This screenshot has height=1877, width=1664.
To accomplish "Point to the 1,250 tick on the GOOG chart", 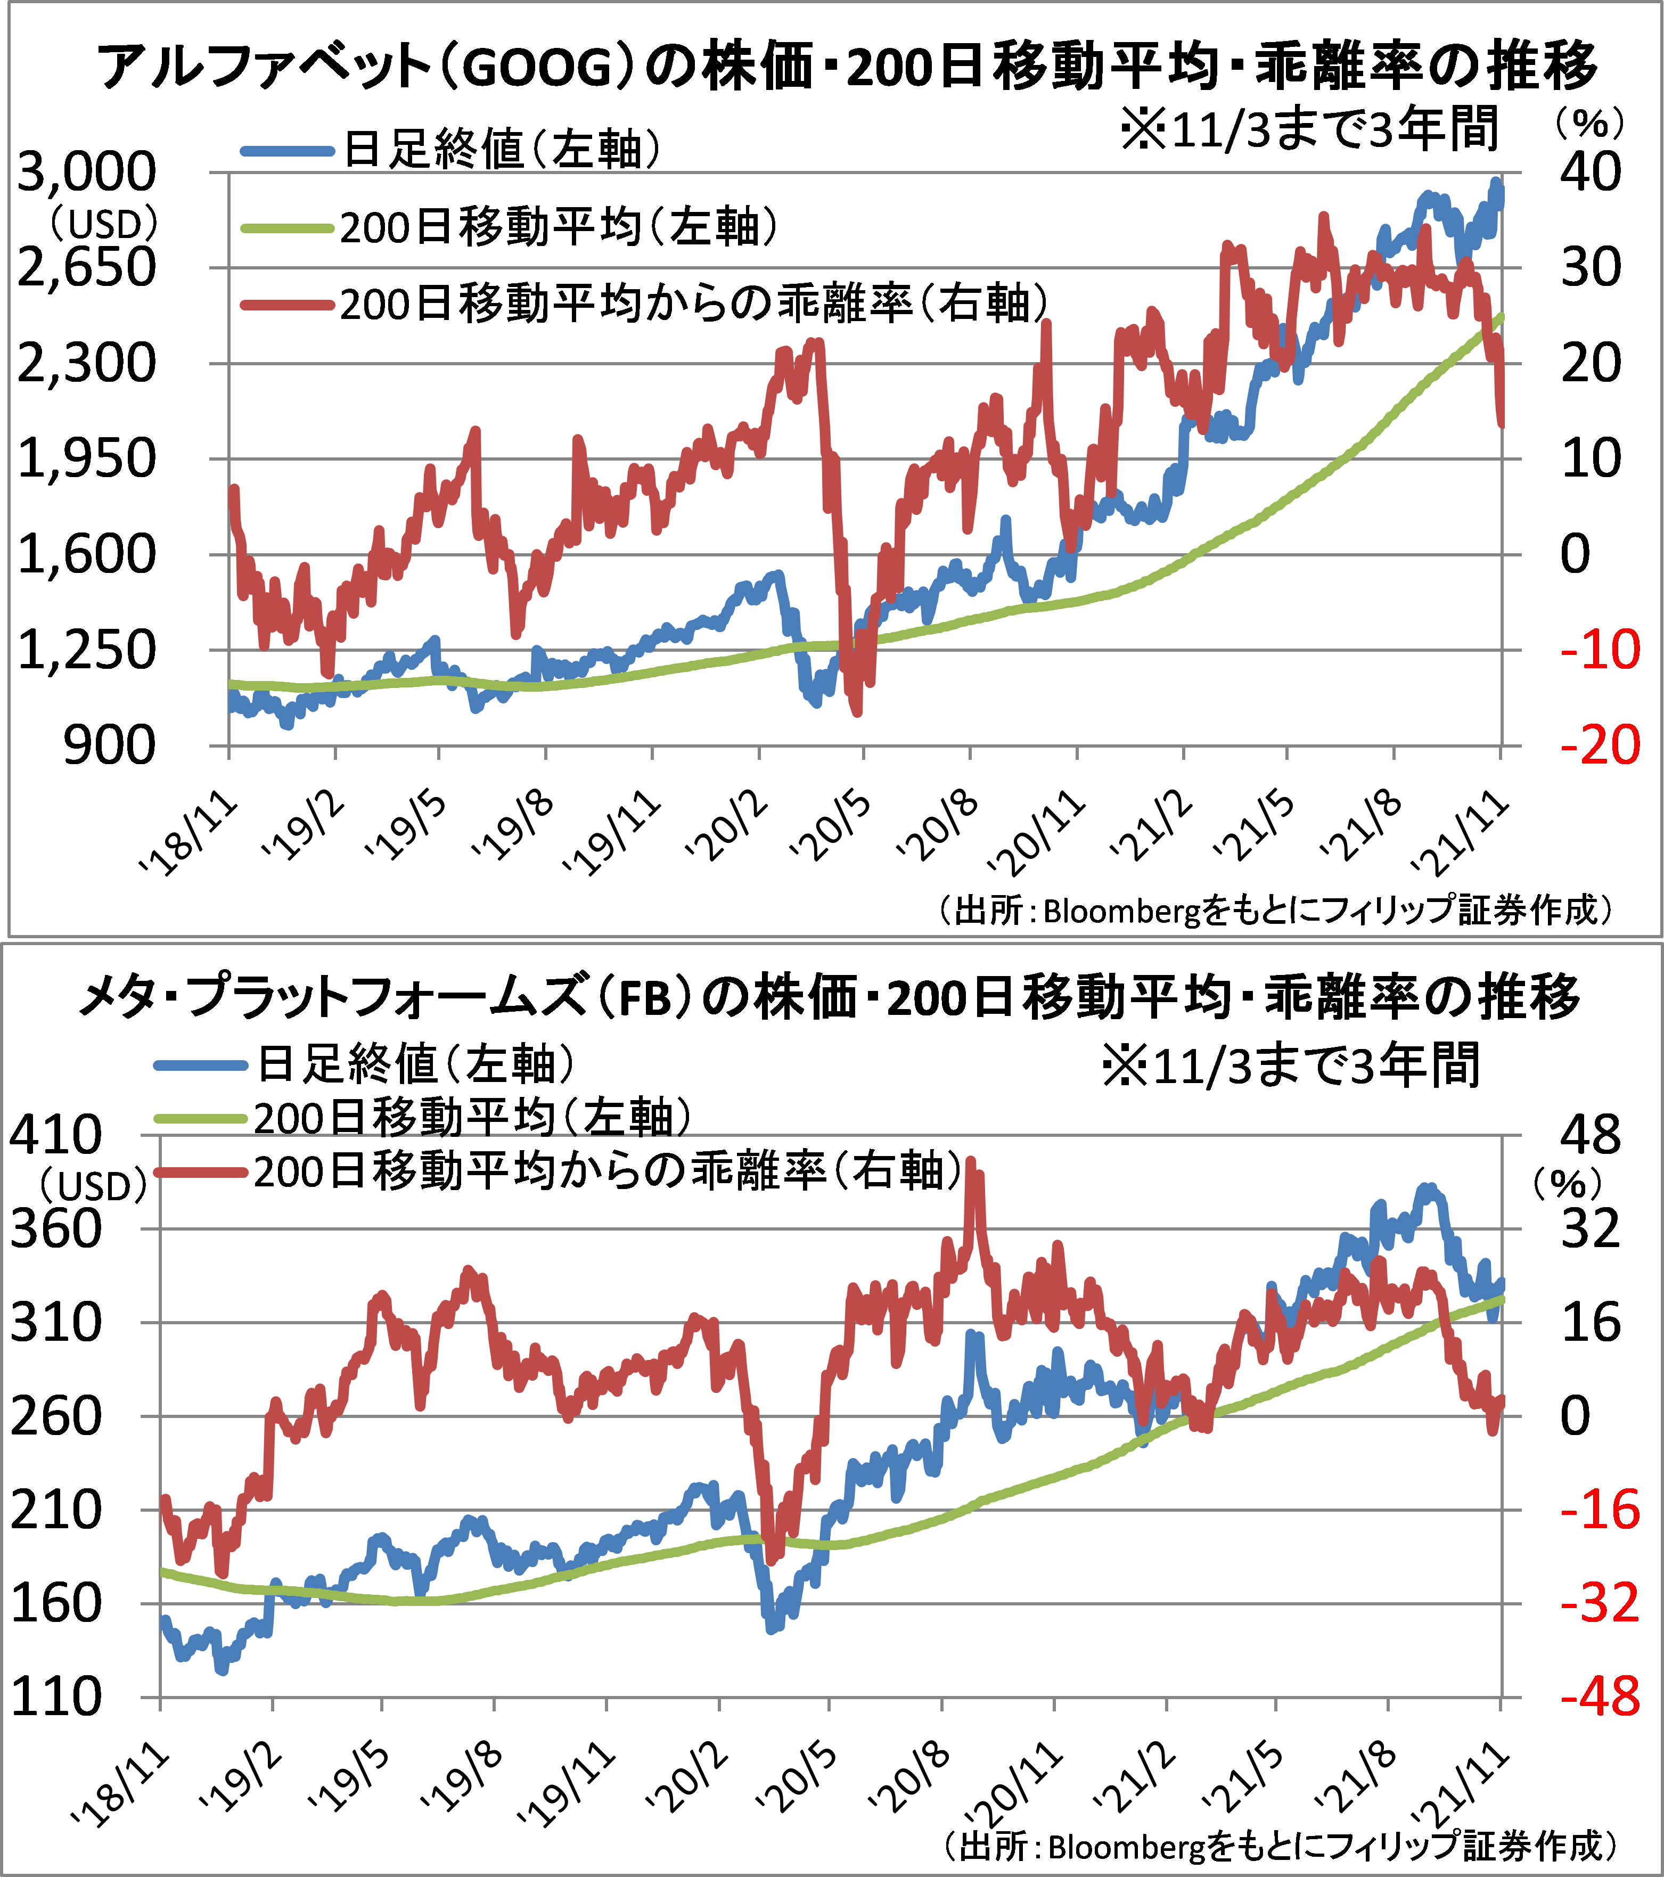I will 87,650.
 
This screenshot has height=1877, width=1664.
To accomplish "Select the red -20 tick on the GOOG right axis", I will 1599,745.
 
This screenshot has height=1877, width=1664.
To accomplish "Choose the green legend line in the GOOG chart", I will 286,228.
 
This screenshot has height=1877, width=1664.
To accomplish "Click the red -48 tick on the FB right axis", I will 1599,1697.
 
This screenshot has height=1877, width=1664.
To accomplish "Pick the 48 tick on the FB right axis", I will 1592,1136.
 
